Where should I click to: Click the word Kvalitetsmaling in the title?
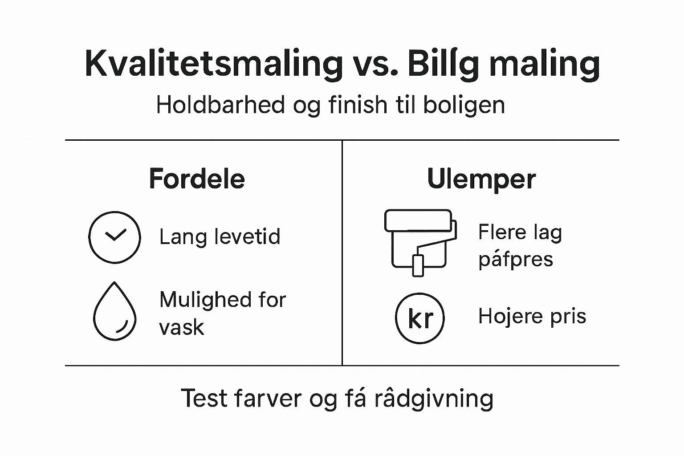[x=213, y=64]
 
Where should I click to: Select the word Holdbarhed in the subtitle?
[x=220, y=106]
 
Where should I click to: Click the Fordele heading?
[x=197, y=179]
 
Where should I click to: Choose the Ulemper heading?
[x=481, y=179]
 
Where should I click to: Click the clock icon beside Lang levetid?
[x=114, y=237]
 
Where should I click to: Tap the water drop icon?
[x=114, y=312]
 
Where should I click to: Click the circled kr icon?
[x=420, y=318]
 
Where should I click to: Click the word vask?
[x=181, y=328]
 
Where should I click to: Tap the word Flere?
[x=501, y=232]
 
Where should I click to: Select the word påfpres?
[x=515, y=259]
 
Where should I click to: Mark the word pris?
[x=568, y=316]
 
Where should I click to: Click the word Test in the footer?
[x=204, y=398]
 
